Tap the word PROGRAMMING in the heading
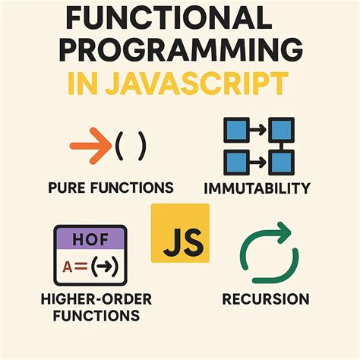pyautogui.click(x=179, y=49)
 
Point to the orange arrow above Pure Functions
pyautogui.click(x=90, y=142)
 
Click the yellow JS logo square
pyautogui.click(x=181, y=232)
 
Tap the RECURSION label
pyautogui.click(x=265, y=299)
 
